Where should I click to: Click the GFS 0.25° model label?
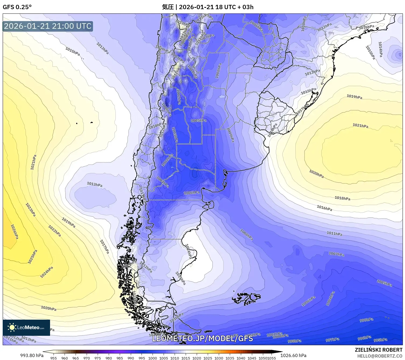[17, 7]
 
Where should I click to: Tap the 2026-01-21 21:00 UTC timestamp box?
[48, 26]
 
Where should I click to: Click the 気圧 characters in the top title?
[168, 7]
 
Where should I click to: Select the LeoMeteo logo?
[26, 327]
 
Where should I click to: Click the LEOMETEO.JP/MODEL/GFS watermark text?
[202, 338]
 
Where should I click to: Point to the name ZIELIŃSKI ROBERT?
[378, 350]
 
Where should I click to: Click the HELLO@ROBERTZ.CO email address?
[380, 356]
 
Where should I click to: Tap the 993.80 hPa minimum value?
[32, 355]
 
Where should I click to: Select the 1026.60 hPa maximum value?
[293, 355]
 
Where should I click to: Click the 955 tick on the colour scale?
[54, 358]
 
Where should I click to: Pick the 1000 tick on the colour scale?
[152, 358]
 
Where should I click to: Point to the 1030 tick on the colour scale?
[219, 358]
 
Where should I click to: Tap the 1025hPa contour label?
[33, 257]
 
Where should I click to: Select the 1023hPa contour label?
[30, 210]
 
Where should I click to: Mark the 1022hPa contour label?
[54, 231]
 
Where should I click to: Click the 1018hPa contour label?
[342, 198]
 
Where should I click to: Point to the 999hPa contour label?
[366, 320]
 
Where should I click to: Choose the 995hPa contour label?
[380, 340]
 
